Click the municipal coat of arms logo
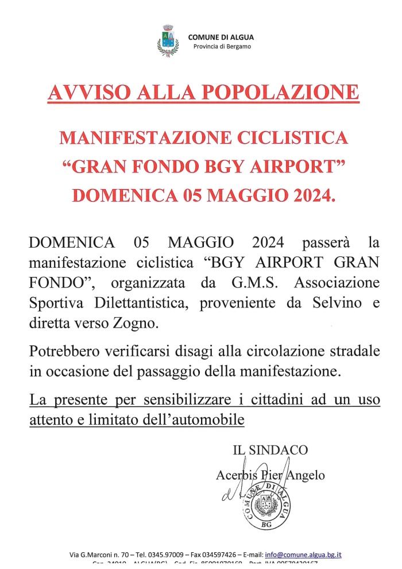[x=168, y=41]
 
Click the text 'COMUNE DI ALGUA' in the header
[x=221, y=37]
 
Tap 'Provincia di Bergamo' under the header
[x=221, y=46]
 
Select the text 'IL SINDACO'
[x=270, y=450]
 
